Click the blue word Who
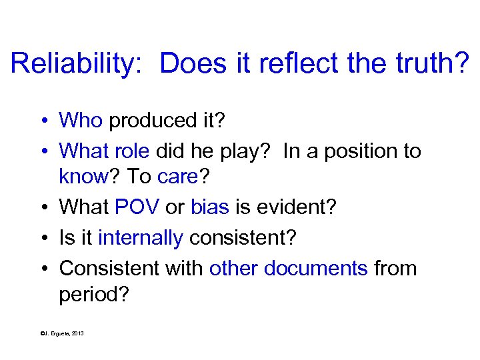click(x=81, y=120)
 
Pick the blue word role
click(x=131, y=151)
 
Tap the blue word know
click(x=83, y=177)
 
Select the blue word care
click(x=176, y=177)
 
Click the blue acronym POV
click(x=137, y=207)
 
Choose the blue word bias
click(x=210, y=207)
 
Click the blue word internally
click(x=140, y=237)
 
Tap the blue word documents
click(x=315, y=268)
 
